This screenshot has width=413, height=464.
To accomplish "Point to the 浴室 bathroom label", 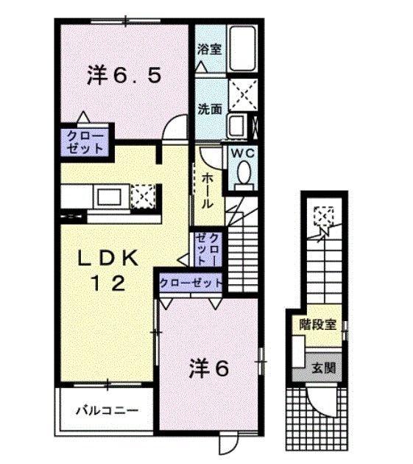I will [209, 50].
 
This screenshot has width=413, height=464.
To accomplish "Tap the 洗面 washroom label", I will [209, 109].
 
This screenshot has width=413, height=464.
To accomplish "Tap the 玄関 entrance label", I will [317, 368].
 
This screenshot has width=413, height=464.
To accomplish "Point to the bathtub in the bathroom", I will [241, 49].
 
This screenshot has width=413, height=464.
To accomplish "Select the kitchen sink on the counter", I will [110, 197].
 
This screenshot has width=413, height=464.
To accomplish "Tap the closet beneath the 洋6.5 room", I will [85, 142].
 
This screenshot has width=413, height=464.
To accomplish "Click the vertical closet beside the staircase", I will [206, 250].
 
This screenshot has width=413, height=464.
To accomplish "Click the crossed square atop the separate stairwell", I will [322, 217].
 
